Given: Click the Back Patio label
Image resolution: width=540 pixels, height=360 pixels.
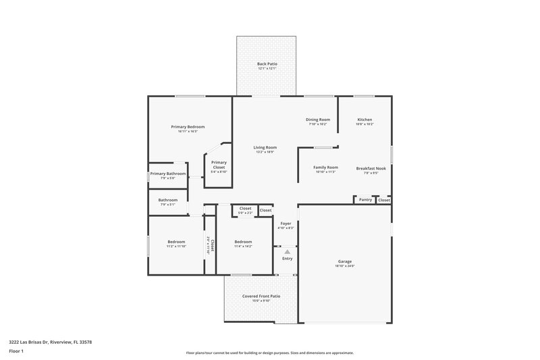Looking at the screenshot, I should tap(267, 63).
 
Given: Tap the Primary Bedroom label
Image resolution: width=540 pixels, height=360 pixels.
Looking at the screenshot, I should tap(188, 126).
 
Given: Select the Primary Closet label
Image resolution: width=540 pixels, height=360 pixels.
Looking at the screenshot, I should tap(219, 162).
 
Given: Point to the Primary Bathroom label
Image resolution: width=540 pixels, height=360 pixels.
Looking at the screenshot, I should tap(167, 174).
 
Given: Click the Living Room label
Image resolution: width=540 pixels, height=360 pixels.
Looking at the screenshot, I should tap(265, 147).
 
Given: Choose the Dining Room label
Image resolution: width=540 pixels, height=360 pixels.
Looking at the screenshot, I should tap(318, 120).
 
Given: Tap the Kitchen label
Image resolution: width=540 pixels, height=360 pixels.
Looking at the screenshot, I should tap(364, 120).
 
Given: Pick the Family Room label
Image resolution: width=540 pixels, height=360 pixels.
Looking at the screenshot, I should tap(325, 167).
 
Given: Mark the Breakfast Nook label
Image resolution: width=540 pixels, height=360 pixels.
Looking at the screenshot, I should tap(371, 167).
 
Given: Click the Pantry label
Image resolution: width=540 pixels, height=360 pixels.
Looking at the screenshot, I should tap(365, 199).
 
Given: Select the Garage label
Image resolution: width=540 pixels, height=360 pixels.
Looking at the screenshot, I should tap(345, 261).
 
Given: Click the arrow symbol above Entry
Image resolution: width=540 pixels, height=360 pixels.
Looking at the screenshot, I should tap(287, 251).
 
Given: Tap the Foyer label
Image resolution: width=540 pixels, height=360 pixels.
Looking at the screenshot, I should tap(286, 223).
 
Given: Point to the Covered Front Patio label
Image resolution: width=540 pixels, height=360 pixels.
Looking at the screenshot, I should tap(261, 296).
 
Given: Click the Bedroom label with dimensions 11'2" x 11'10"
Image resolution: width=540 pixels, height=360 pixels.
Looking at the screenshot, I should tap(176, 242).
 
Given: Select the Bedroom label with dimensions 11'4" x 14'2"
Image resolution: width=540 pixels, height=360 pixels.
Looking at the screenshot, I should tap(243, 242).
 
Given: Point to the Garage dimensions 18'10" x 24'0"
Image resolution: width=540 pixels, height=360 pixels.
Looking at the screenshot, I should tap(345, 266).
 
